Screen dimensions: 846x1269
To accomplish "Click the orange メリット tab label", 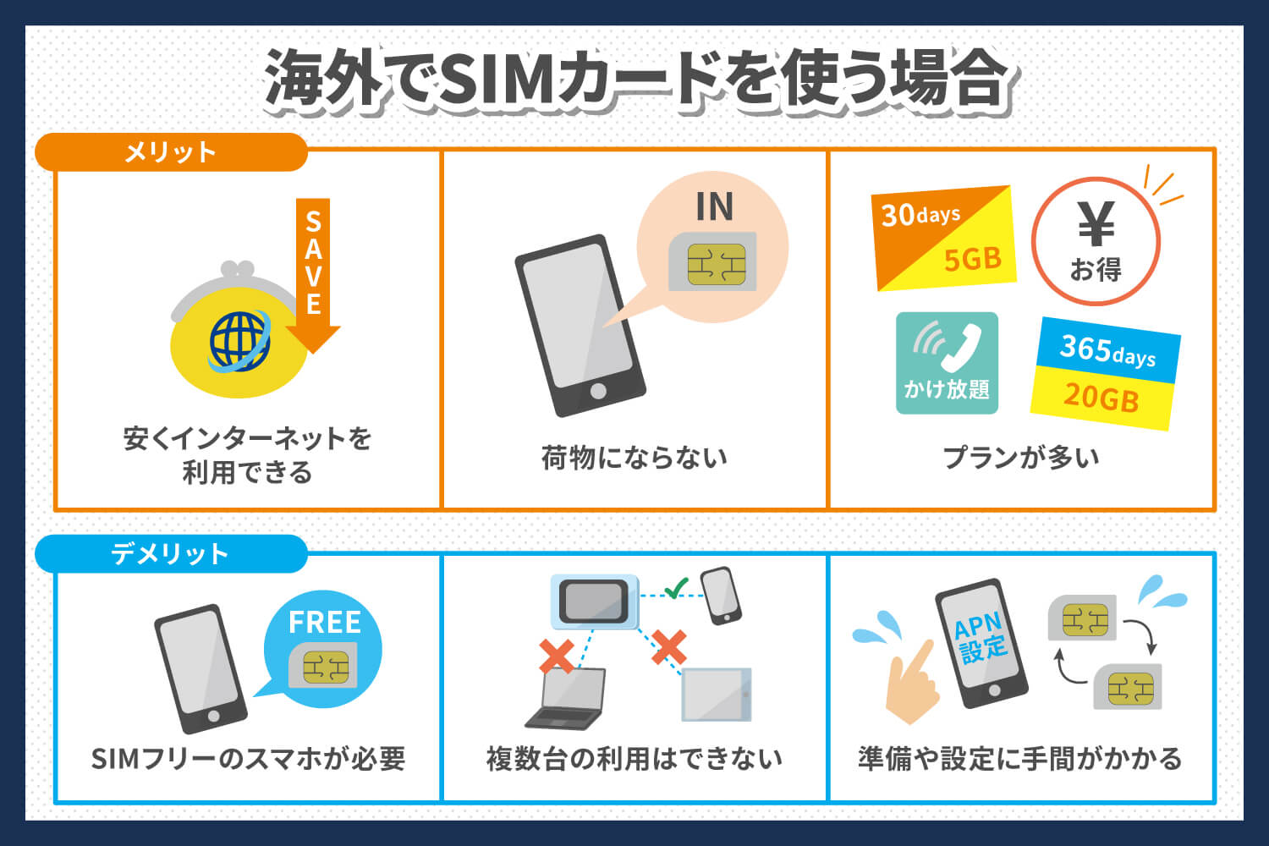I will tap(170, 152).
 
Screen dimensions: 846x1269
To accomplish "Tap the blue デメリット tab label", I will tap(170, 554).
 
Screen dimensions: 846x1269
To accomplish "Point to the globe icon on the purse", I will tap(240, 341).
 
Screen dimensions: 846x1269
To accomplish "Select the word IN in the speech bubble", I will tap(714, 207).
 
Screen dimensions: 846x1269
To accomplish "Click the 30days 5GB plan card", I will tap(943, 238).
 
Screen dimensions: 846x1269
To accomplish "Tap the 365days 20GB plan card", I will tap(1105, 373).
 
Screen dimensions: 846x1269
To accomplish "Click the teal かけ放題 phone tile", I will tap(947, 363).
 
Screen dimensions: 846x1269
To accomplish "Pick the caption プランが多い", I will tap(1021, 458).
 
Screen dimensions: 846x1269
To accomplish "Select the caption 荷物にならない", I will tap(634, 458).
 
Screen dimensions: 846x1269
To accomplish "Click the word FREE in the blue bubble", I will tap(324, 623).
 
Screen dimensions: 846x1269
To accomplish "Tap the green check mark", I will tap(676, 587).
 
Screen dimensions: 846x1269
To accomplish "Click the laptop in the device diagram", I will tap(567, 699).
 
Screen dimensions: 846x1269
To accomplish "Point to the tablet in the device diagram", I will tap(716, 695).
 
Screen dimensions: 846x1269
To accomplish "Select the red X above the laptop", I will tap(556, 655).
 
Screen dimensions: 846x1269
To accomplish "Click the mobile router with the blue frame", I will tap(594, 601).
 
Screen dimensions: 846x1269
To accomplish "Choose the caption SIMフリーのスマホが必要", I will tap(248, 759).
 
